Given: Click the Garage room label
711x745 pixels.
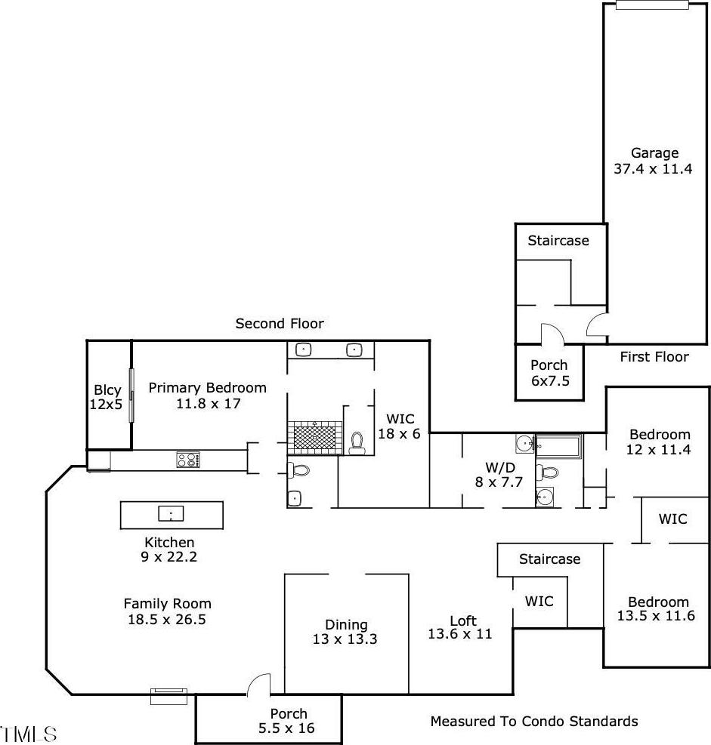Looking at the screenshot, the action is point(653,161).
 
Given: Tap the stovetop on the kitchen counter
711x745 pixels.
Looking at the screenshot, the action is point(188,460).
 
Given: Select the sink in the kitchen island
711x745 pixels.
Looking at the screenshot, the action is point(171,513).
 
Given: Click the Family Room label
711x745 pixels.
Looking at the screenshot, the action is point(167,611).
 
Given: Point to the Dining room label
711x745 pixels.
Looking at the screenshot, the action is point(345,632).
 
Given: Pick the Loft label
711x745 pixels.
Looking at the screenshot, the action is point(460,627).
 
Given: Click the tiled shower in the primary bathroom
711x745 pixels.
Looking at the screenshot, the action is point(314,438).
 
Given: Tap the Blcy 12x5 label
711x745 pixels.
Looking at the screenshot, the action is point(106,397).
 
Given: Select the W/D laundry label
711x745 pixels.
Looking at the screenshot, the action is point(499,475).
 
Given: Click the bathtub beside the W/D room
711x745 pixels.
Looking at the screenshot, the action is point(558,447).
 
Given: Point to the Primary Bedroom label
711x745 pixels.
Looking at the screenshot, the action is point(207,396).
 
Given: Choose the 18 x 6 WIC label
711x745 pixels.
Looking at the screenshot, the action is point(400,426).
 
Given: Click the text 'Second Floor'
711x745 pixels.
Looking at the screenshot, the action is point(280,324).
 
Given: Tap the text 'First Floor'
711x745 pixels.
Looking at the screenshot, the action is point(654,357).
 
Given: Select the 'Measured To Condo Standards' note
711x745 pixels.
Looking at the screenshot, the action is point(534,722).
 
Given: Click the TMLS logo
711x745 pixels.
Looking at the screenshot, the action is point(29,734).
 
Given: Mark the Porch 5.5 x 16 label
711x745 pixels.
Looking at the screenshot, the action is point(287,721).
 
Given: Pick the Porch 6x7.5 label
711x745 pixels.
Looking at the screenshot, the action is point(550,373).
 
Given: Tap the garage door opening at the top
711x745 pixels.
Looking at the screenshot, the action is point(652,5).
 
